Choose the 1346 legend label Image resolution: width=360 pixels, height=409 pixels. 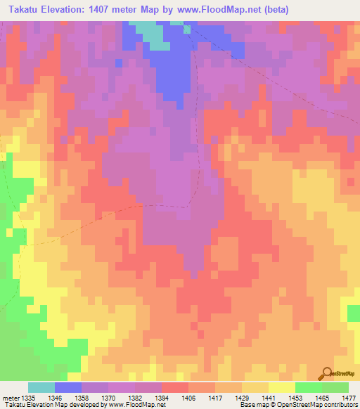point(64,397)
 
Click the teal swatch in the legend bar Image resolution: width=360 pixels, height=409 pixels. point(41,387)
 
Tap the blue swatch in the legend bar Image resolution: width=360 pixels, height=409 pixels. point(68,387)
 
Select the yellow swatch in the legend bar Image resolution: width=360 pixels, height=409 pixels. point(282,387)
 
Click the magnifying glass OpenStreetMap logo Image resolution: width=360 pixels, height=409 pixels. point(326,375)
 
